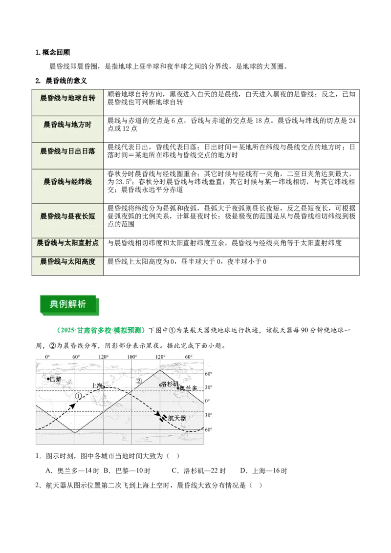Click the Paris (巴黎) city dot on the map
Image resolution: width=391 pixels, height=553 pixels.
[48, 379]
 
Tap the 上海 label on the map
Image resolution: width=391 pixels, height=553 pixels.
[97, 385]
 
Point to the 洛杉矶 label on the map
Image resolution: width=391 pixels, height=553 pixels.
[170, 383]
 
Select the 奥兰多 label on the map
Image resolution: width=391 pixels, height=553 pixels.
[189, 388]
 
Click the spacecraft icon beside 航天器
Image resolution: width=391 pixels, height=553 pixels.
[163, 418]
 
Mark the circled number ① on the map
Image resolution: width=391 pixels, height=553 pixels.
[78, 396]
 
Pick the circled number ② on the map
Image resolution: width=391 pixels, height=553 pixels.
[139, 381]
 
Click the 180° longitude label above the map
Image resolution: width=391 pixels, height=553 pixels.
[132, 357]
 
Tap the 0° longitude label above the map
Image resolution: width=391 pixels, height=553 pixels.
[47, 357]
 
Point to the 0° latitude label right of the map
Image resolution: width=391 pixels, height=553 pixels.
[207, 401]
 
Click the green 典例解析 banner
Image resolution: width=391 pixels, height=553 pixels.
[68, 304]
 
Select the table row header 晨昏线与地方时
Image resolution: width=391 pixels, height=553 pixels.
[67, 125]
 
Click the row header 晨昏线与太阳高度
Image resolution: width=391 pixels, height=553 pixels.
[67, 261]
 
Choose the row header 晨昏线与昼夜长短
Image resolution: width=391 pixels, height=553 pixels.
[67, 216]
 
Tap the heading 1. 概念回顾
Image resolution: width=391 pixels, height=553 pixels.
[53, 52]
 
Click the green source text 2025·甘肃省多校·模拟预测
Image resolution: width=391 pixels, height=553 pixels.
[101, 330]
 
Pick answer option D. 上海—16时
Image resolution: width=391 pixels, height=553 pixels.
[263, 470]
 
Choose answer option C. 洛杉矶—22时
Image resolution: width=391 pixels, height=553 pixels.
[198, 470]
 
